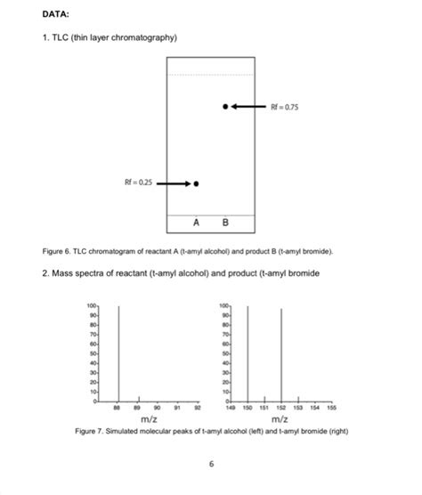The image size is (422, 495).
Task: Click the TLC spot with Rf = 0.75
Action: tap(225, 106)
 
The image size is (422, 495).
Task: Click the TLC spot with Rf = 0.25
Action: tap(197, 183)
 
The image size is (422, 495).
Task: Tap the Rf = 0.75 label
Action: tap(285, 106)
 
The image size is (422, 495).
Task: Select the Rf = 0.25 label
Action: tap(138, 183)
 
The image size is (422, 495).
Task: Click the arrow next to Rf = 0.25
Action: tap(174, 183)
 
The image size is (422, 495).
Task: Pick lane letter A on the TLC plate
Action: tap(197, 222)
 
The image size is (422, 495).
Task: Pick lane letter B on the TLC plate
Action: tap(225, 222)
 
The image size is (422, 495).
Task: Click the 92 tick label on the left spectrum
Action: tap(198, 408)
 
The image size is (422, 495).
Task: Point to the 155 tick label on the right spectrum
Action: tap(331, 408)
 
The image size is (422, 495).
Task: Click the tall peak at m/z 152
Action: tap(281, 355)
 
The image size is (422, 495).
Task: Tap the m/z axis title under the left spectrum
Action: tap(149, 418)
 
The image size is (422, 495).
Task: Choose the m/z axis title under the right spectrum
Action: tap(280, 418)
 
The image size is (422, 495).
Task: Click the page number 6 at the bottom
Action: tap(211, 464)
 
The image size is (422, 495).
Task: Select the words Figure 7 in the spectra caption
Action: tap(90, 430)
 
